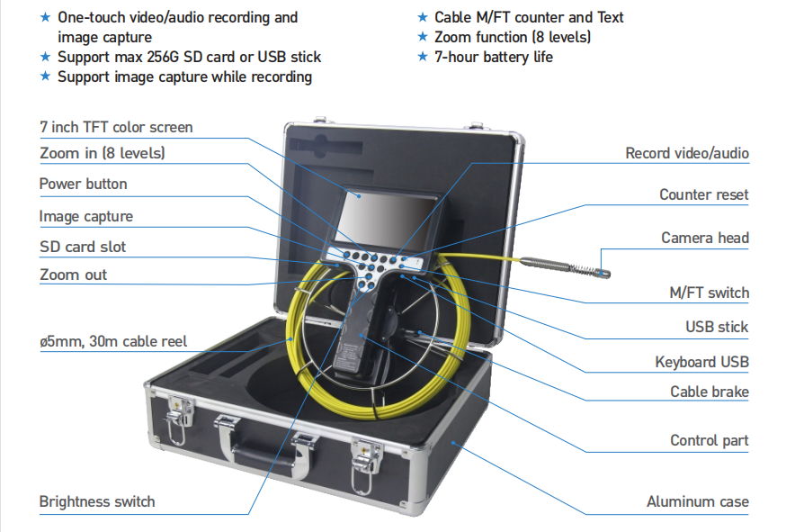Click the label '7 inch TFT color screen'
tap(115, 127)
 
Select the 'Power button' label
tap(83, 184)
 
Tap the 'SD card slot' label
tap(82, 247)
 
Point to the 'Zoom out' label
tap(73, 275)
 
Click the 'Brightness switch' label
tap(96, 501)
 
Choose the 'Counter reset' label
tap(703, 194)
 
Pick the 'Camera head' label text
tap(704, 238)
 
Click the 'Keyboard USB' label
tap(701, 362)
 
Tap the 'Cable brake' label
tap(709, 392)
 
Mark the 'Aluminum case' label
tap(697, 501)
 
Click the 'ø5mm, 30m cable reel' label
tap(113, 341)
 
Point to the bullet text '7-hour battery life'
tap(493, 57)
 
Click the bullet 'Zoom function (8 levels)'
tap(513, 37)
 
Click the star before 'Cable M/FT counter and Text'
tap(423, 17)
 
